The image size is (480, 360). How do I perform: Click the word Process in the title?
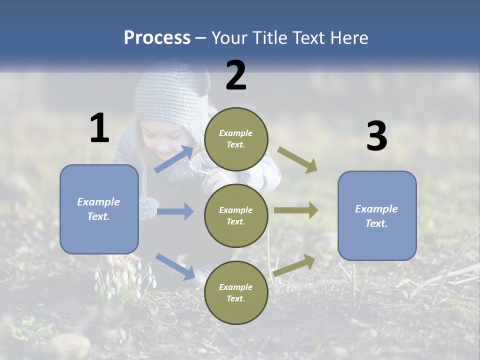coord(157,37)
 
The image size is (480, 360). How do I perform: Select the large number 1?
coord(99,128)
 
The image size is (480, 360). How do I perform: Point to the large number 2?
coord(236,75)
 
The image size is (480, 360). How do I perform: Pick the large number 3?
coord(376,136)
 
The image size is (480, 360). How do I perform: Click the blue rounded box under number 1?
coord(99,209)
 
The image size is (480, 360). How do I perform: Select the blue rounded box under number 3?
coord(377,215)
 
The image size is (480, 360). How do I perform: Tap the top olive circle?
coord(236,139)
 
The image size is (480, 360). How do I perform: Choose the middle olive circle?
coord(236,215)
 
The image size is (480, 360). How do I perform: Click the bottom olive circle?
coord(236,292)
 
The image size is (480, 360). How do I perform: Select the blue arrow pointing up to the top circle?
coord(174,159)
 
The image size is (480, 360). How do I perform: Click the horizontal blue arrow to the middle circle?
coord(175,211)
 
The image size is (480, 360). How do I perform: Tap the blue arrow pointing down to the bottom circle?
coord(175,266)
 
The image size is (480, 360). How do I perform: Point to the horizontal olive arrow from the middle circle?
coord(296,210)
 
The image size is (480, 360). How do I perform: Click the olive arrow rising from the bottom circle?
coord(294,264)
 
